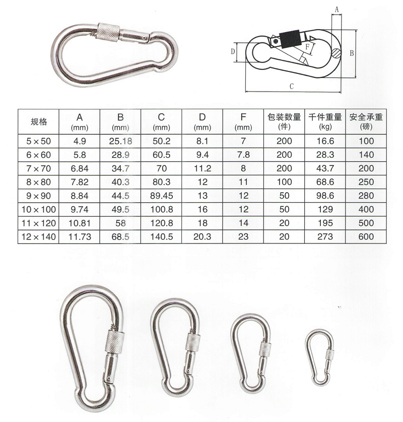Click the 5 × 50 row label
point(38,141)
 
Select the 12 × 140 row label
point(38,236)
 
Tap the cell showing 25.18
point(120,141)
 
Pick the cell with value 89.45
point(162,196)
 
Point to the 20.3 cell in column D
point(203,236)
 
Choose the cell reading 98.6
point(325,196)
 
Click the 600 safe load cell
point(366,236)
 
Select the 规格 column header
point(38,121)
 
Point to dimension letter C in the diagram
point(292,86)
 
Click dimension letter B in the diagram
point(353,52)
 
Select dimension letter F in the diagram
point(307,46)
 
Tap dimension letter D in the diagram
point(233,51)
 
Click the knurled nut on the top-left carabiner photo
point(109,33)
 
